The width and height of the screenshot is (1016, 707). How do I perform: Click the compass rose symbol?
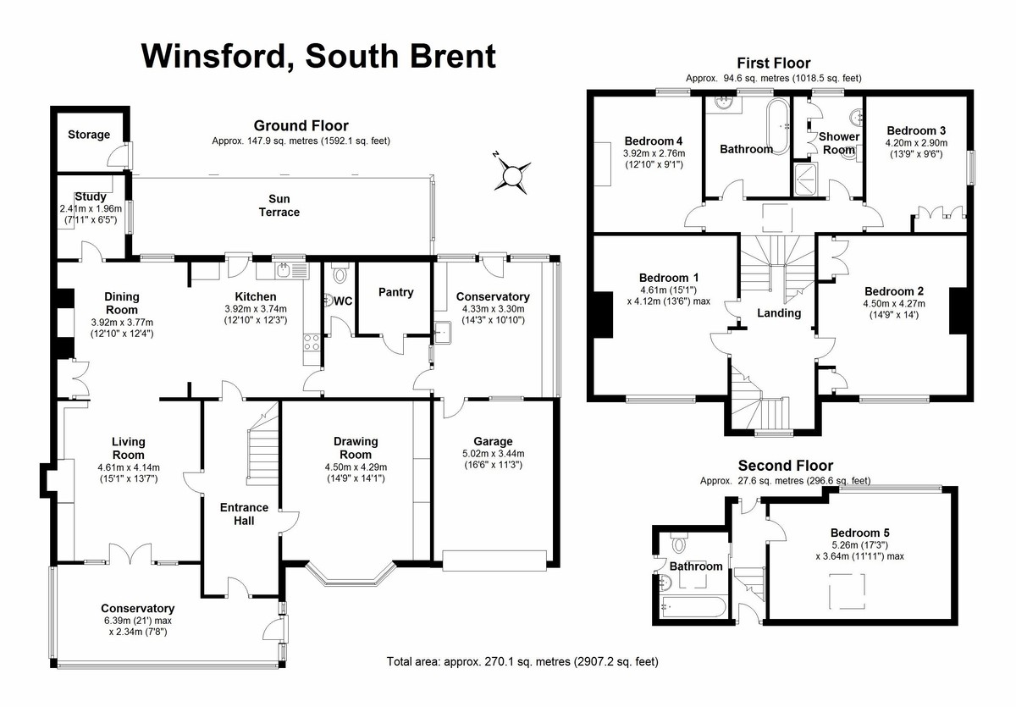tap(511, 175)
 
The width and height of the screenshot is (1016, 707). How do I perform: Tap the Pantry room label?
tap(395, 293)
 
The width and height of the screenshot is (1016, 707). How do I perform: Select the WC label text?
tap(343, 301)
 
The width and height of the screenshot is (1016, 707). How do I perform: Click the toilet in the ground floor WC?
tap(340, 274)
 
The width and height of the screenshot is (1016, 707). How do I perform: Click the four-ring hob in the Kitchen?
tap(311, 343)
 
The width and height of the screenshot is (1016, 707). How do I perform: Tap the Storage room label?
tap(89, 135)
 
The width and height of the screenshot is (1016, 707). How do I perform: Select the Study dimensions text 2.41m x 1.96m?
tap(91, 208)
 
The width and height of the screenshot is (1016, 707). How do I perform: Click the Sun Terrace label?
tap(279, 206)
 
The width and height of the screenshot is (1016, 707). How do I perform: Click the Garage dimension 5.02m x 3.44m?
tap(493, 454)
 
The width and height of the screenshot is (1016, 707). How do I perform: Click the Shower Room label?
tap(839, 143)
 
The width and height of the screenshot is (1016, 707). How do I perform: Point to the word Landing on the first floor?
tap(779, 313)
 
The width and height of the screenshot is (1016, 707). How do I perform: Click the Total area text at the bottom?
tap(522, 662)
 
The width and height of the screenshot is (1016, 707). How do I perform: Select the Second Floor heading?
tap(786, 466)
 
